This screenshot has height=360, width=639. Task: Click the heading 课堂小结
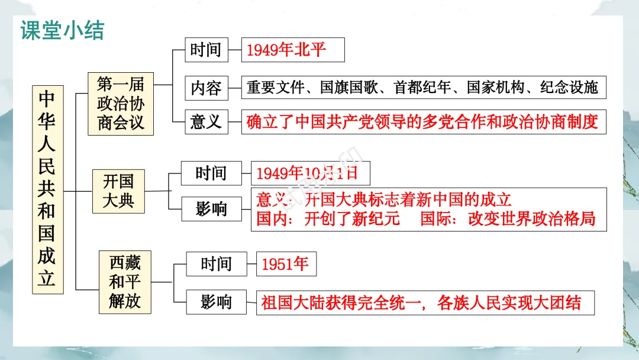[x=62, y=31]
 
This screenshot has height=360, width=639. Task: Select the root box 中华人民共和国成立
[x=46, y=189]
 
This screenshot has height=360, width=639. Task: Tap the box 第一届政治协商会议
[x=121, y=104]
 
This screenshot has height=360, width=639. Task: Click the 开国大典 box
[x=118, y=191]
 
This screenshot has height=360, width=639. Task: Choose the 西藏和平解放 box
[x=125, y=282]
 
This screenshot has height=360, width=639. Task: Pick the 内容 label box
[x=205, y=88]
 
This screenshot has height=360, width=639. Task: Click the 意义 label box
[x=205, y=121]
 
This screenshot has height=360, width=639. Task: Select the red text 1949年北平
[x=286, y=50]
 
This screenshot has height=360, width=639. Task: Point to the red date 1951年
[x=285, y=264]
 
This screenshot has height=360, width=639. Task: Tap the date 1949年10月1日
[x=307, y=173]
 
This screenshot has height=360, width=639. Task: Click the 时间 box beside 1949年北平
[x=205, y=50]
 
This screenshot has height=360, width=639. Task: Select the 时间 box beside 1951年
[x=215, y=264]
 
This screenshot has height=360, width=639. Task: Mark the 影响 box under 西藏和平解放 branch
[x=215, y=303]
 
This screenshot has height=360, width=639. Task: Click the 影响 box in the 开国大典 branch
[x=211, y=208]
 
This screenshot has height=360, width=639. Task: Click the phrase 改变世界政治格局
[x=531, y=218]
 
